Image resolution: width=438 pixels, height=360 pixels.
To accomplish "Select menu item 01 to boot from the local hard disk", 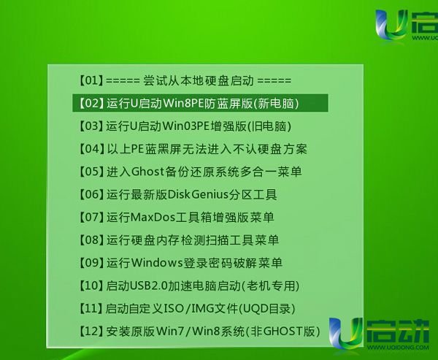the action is [185, 81].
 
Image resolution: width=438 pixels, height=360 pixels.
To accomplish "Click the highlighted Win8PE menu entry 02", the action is [200, 103].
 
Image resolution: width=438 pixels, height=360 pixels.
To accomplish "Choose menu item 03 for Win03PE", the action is [185, 126].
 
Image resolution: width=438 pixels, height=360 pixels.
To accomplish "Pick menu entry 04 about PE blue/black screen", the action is [193, 149].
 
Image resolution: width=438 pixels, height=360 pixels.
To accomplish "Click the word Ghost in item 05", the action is [147, 172].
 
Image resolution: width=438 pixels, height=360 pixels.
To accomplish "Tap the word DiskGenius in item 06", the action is [198, 194].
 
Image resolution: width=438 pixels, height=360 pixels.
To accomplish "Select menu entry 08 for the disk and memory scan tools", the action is [179, 240].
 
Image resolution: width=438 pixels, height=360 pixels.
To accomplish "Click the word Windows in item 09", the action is [157, 263].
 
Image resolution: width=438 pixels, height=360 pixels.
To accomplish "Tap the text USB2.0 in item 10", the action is [149, 286].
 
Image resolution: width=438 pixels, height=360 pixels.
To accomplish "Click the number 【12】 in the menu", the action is [91, 332].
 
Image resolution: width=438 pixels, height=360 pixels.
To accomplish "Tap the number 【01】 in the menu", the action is [91, 81].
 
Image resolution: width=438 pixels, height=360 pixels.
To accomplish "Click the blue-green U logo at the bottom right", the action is [346, 333].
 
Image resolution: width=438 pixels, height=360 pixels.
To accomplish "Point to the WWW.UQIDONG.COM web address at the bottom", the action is [398, 347].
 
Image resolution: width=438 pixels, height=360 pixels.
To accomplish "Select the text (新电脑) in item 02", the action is [276, 104].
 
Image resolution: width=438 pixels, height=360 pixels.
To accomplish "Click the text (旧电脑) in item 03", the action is [269, 126].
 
